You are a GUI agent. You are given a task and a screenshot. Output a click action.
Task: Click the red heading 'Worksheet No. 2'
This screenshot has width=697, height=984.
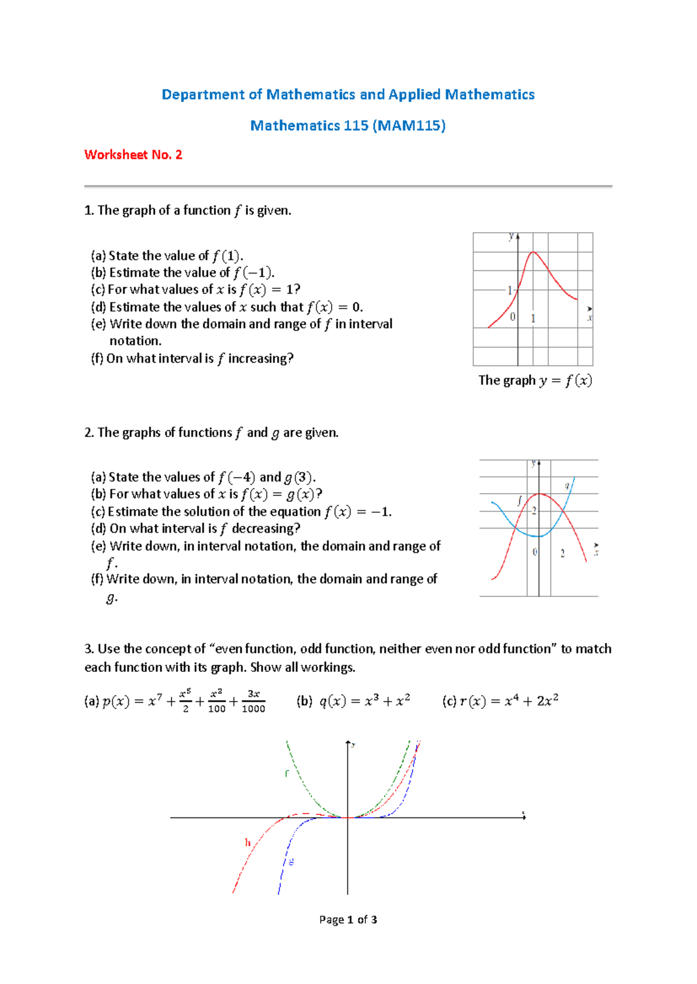coord(133,155)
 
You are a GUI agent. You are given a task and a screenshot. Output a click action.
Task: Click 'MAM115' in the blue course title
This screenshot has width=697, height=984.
coord(410,126)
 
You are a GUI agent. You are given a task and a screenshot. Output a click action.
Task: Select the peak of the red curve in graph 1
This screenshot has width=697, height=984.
coord(534,252)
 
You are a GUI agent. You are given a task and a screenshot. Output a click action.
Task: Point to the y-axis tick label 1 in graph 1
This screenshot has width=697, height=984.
coord(510,290)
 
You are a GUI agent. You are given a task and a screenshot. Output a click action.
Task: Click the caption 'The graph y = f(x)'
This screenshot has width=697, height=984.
coord(535,381)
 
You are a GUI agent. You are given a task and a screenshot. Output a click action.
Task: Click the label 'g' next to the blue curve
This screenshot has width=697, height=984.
coord(567,486)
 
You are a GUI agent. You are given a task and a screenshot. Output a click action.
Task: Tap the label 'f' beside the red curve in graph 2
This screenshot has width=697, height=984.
coord(519,499)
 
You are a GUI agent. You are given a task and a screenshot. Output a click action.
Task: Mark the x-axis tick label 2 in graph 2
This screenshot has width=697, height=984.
coord(562,553)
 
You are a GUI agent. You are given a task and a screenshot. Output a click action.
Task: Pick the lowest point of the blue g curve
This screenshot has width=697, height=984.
coord(537,536)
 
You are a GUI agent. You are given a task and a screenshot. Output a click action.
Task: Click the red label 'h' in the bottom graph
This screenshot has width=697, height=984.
coord(248,842)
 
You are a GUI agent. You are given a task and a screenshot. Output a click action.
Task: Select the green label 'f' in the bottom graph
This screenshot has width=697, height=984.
coord(286,773)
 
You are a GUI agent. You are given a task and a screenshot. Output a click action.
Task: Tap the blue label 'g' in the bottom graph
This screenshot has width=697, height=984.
coord(291,862)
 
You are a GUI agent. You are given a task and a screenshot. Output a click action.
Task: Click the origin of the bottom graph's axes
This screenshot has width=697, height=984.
coord(348,817)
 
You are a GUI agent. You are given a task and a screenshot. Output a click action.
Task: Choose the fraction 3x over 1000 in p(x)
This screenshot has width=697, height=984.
coord(253,701)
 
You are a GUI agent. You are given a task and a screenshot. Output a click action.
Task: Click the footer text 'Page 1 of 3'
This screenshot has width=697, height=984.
coord(348,920)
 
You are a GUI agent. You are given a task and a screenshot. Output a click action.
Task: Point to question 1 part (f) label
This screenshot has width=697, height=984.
coord(97,359)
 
